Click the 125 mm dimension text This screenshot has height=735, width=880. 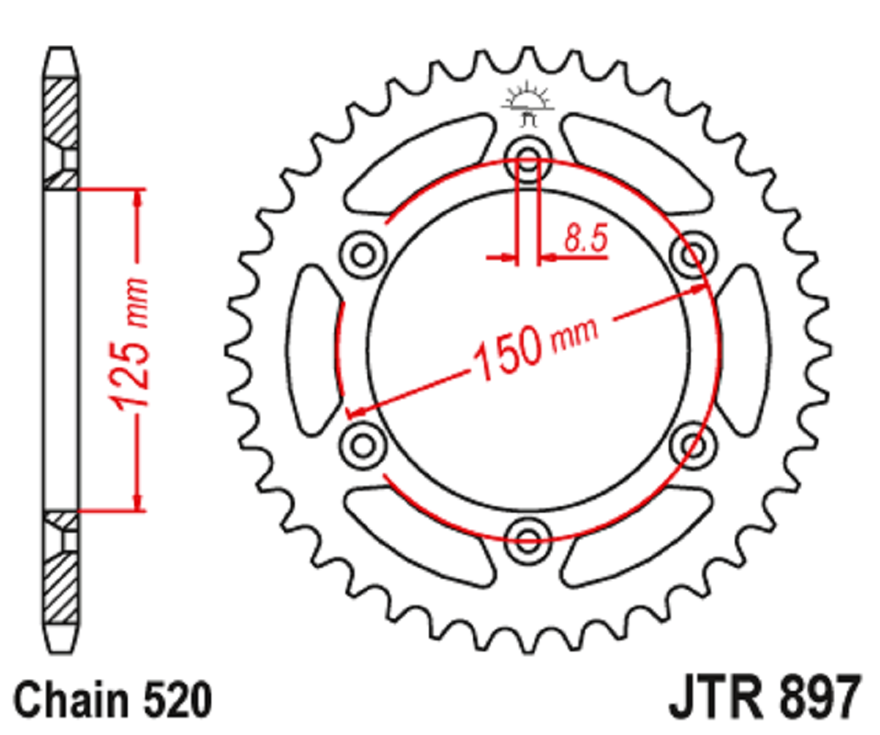tap(130, 344)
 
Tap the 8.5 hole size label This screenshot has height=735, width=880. tap(585, 238)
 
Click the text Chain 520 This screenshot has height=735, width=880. tap(113, 700)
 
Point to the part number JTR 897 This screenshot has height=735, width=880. tap(764, 697)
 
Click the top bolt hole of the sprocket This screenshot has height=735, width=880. tap(527, 158)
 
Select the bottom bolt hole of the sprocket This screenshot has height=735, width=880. tap(527, 541)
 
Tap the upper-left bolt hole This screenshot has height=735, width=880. tap(363, 254)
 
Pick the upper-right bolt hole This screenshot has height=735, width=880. tap(694, 254)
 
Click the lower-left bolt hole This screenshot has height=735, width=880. tap(363, 446)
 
